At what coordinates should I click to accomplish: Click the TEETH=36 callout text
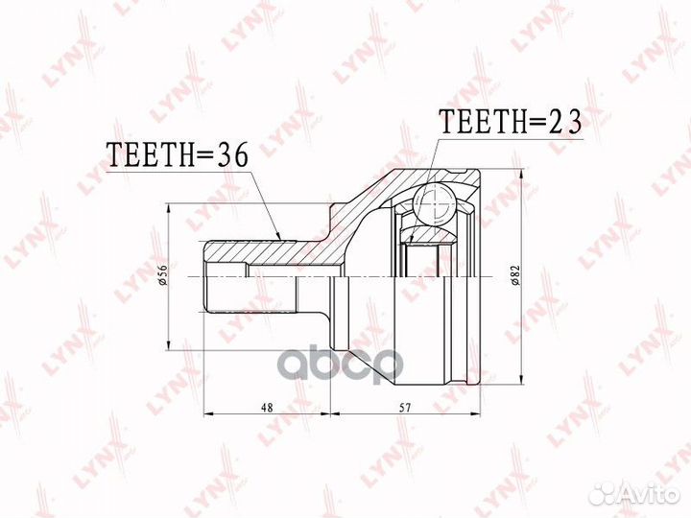tap(178, 155)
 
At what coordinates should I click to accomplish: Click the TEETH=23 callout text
tap(512, 121)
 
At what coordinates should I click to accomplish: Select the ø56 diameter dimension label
tap(162, 277)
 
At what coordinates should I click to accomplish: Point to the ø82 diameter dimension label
tap(516, 275)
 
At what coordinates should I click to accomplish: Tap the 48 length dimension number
tap(267, 408)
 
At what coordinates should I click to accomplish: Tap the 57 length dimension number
tap(405, 408)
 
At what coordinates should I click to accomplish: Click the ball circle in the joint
tap(434, 205)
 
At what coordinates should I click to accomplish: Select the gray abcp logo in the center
tap(343, 364)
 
